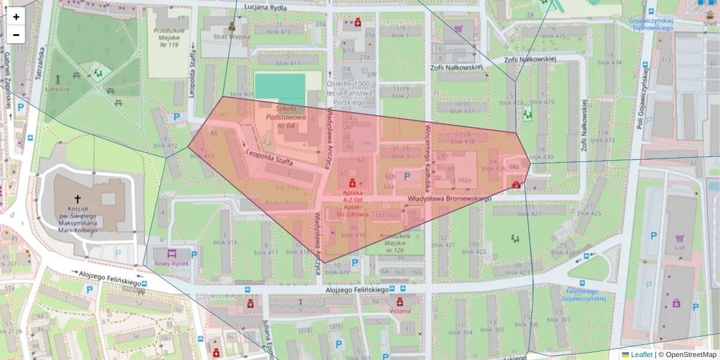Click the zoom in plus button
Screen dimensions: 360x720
coord(16,17)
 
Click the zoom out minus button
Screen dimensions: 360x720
coord(16,34)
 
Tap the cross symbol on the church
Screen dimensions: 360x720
coord(77,199)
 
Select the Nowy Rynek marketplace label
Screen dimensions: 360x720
coord(172,263)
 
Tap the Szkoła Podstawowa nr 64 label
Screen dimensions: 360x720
coord(290,117)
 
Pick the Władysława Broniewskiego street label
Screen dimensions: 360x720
coord(449,198)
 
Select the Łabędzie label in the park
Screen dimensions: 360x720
coord(58,88)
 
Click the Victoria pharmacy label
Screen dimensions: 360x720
coord(400,311)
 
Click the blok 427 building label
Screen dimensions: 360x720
coord(526,214)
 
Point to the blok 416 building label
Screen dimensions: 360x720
coord(225,242)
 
